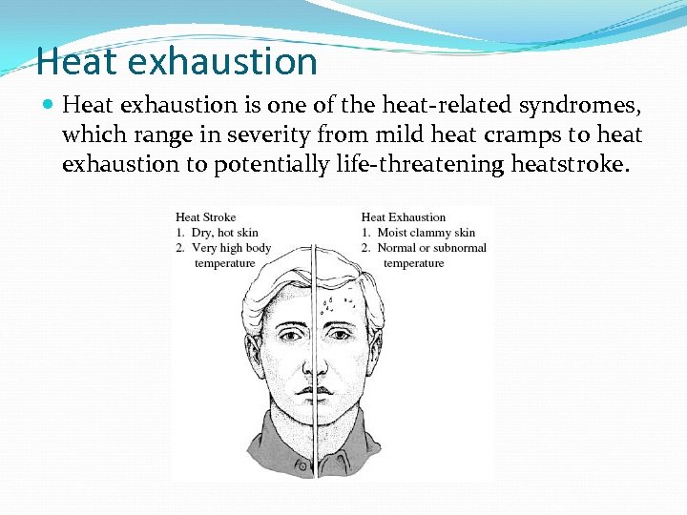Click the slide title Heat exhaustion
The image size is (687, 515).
[177, 62]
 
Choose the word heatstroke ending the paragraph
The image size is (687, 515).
[570, 164]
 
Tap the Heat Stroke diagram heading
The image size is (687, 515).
[205, 217]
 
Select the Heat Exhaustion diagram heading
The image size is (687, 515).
[404, 217]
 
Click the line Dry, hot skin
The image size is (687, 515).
[221, 233]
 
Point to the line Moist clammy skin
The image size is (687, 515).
[424, 233]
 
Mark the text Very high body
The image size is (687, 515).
[229, 248]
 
